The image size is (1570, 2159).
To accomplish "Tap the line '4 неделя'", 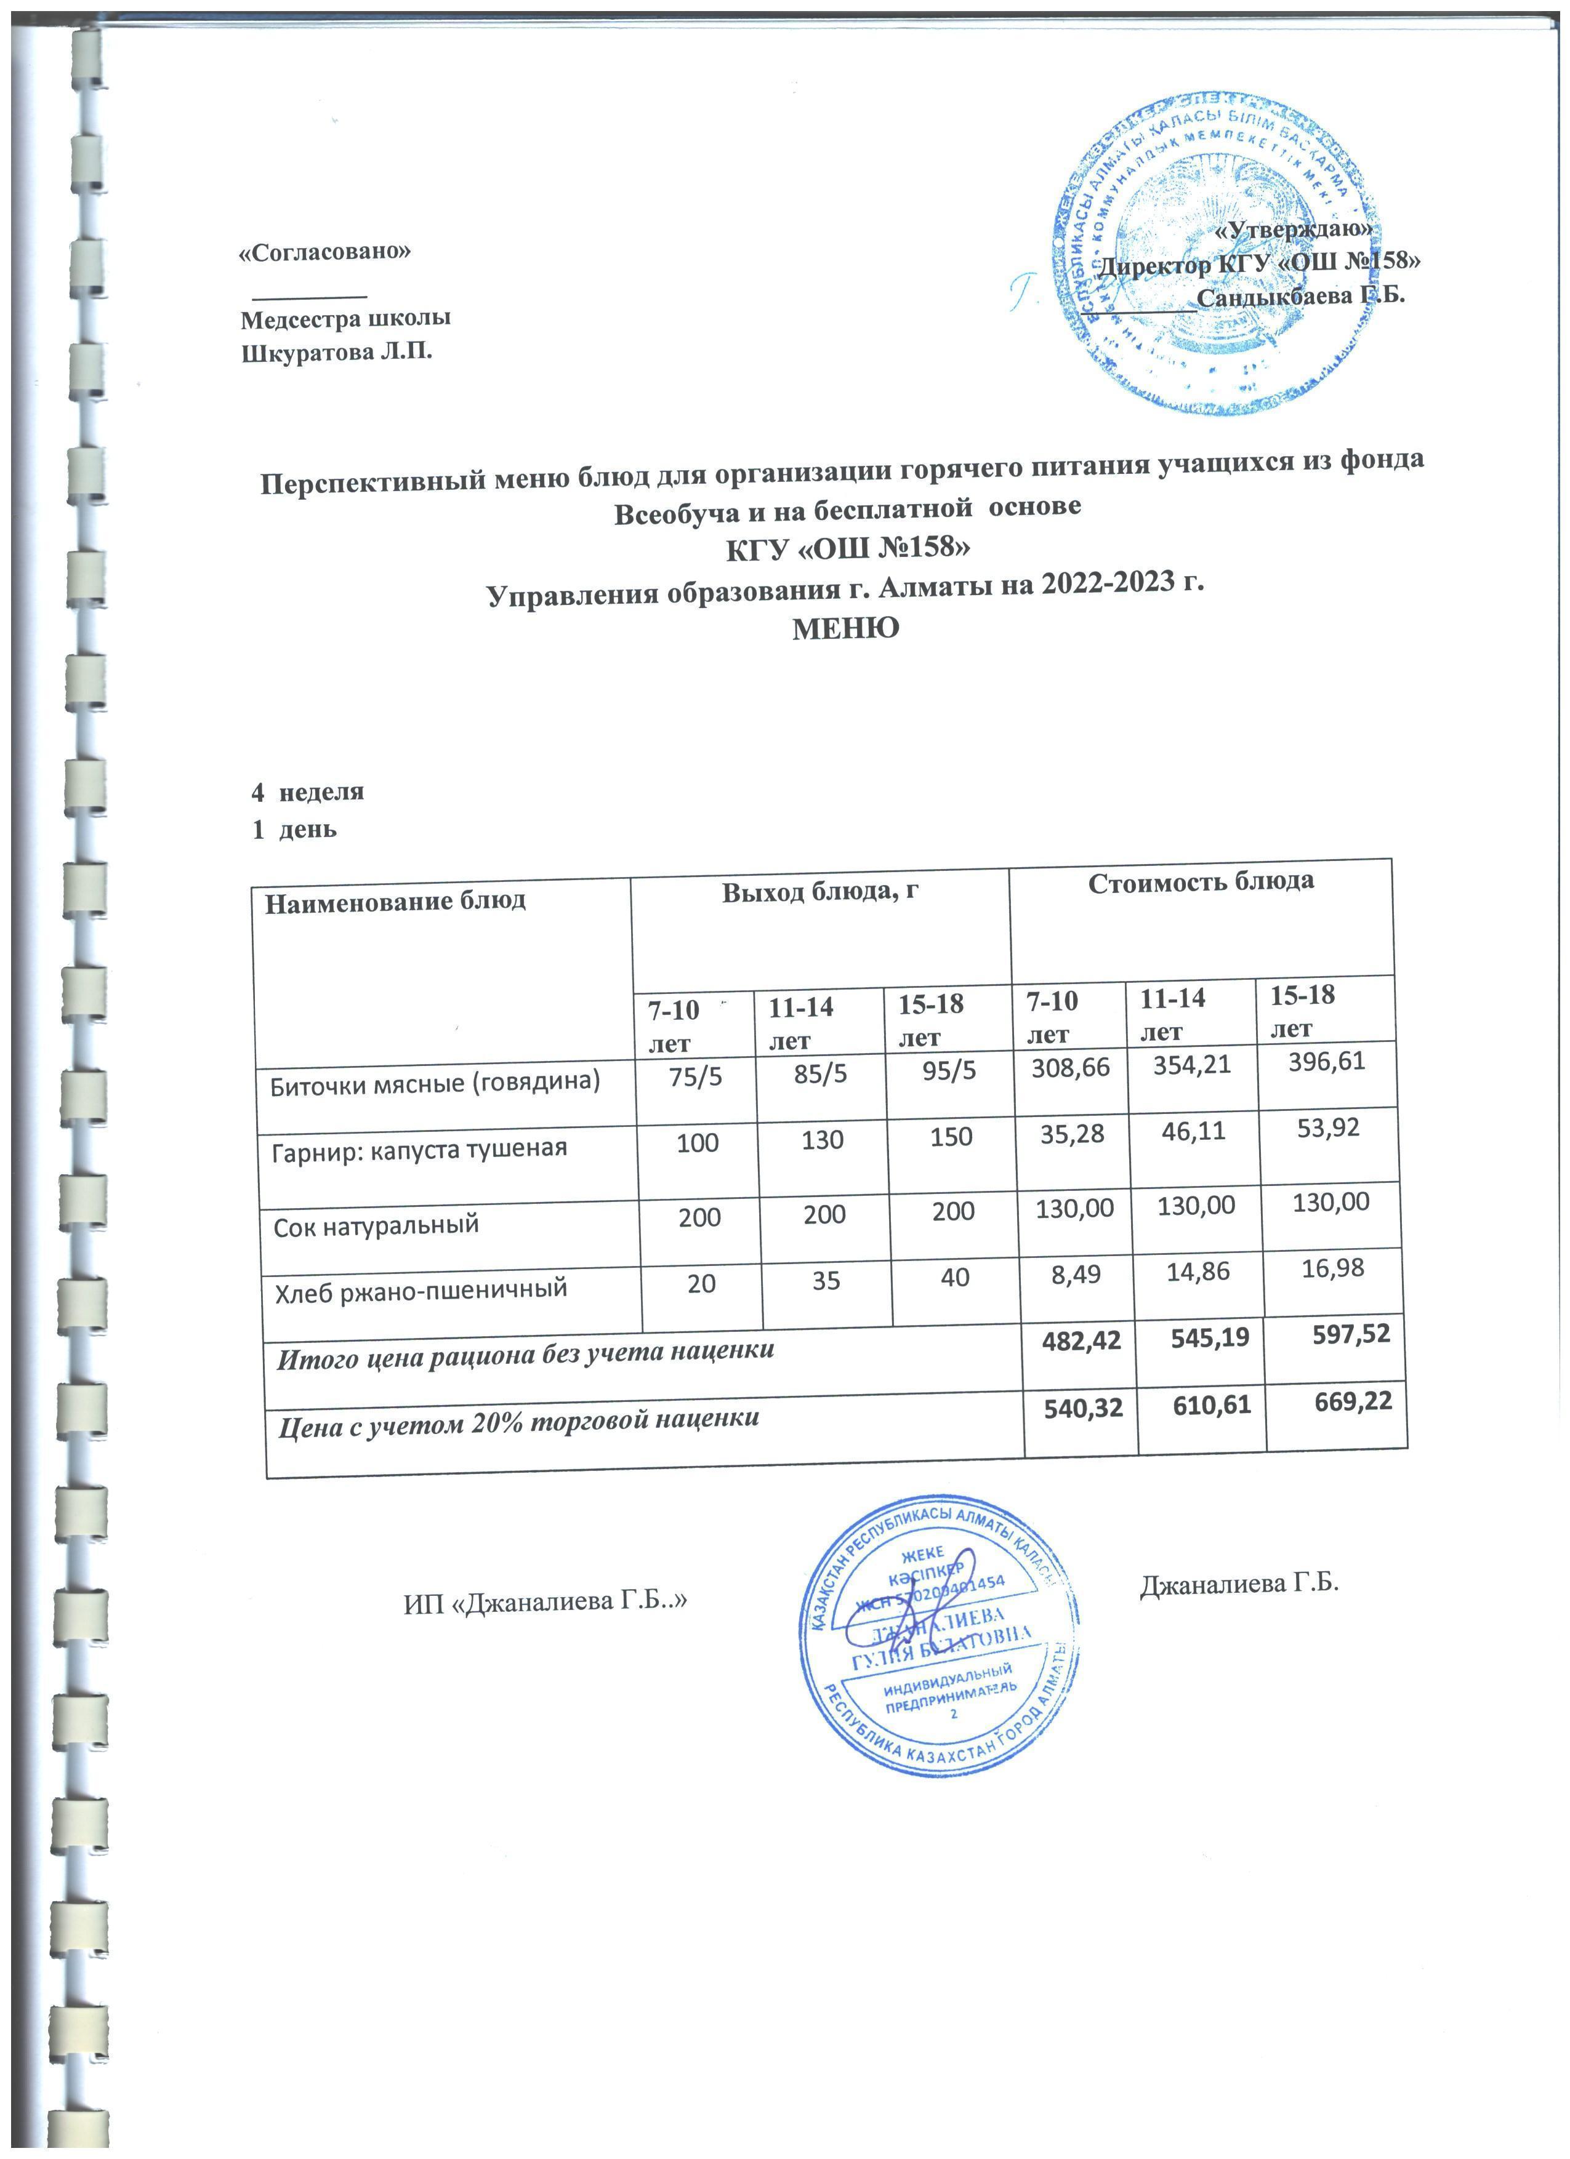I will click(x=307, y=791).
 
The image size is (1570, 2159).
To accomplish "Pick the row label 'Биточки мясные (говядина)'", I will click(x=435, y=1083).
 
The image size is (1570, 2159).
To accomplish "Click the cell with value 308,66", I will click(x=1071, y=1067).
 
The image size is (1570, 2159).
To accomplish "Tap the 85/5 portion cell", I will click(x=821, y=1075).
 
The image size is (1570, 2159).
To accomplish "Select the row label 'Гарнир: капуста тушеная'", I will click(x=419, y=1150).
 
